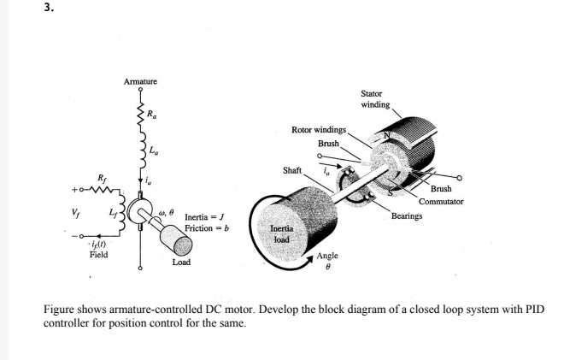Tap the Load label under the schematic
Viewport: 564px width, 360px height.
point(181,263)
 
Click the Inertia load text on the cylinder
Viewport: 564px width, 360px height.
point(283,234)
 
